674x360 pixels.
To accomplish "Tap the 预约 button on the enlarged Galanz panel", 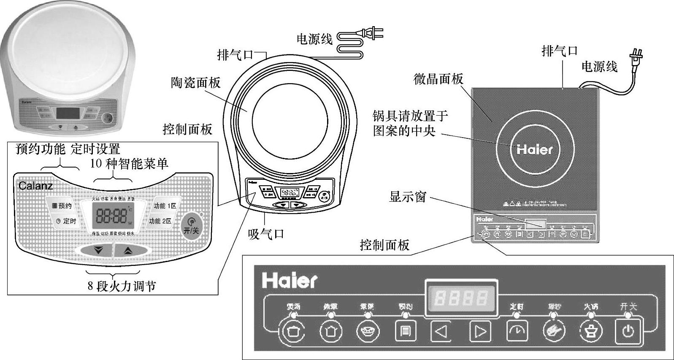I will pos(62,206).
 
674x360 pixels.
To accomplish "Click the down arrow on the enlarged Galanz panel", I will pos(98,250).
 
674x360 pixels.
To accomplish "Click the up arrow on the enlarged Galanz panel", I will pos(128,250).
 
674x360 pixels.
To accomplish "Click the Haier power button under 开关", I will pos(628,331).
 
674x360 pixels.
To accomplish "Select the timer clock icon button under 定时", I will pos(517,331).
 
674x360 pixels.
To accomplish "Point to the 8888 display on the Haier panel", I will pos(461,298).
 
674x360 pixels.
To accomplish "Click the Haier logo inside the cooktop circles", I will pos(535,149).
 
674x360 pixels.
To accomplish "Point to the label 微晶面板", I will pos(439,79).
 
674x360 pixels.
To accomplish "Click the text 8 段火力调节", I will pos(122,286).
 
